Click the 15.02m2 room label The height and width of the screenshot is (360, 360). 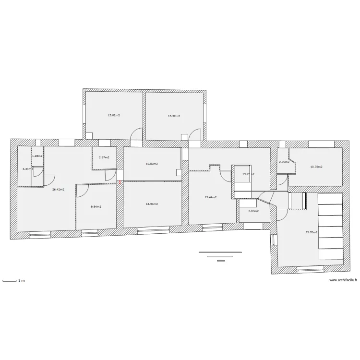[x=114, y=116]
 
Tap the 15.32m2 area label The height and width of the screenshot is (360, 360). [x=174, y=116]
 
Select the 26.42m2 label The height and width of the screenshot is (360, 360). [x=58, y=189]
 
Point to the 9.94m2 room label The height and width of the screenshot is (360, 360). [x=96, y=207]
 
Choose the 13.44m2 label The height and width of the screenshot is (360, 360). [x=211, y=197]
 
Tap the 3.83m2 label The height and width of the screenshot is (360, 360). [x=253, y=211]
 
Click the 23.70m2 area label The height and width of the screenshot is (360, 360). [x=311, y=232]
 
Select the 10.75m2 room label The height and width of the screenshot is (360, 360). [x=316, y=167]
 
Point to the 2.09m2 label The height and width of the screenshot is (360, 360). [x=284, y=162]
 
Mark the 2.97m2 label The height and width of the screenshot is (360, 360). [x=104, y=157]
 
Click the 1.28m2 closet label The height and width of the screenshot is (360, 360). [x=37, y=156]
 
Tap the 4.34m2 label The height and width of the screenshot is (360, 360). [x=27, y=169]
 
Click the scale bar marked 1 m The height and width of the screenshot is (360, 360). [x=11, y=280]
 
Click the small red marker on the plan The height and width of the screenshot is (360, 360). [x=120, y=182]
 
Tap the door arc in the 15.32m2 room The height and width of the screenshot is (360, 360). [x=195, y=135]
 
